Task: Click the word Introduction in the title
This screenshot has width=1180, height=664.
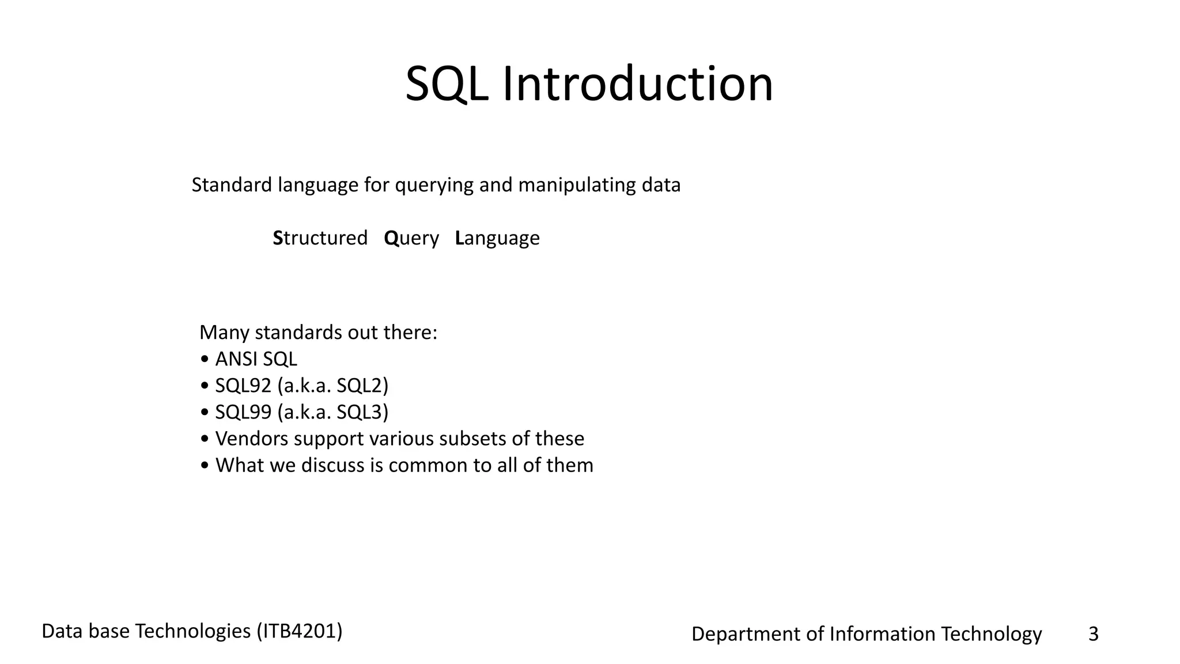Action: click(x=638, y=85)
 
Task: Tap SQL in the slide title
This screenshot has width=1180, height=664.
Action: click(x=447, y=85)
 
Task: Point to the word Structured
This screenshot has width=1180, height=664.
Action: click(x=320, y=238)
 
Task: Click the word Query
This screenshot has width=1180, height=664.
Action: click(x=411, y=238)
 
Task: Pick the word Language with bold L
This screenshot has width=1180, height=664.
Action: click(x=497, y=238)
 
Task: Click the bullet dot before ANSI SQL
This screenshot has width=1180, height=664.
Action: click(x=205, y=360)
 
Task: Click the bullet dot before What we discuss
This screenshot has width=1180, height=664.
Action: click(x=205, y=466)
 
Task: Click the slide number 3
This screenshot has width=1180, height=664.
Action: click(x=1093, y=634)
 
